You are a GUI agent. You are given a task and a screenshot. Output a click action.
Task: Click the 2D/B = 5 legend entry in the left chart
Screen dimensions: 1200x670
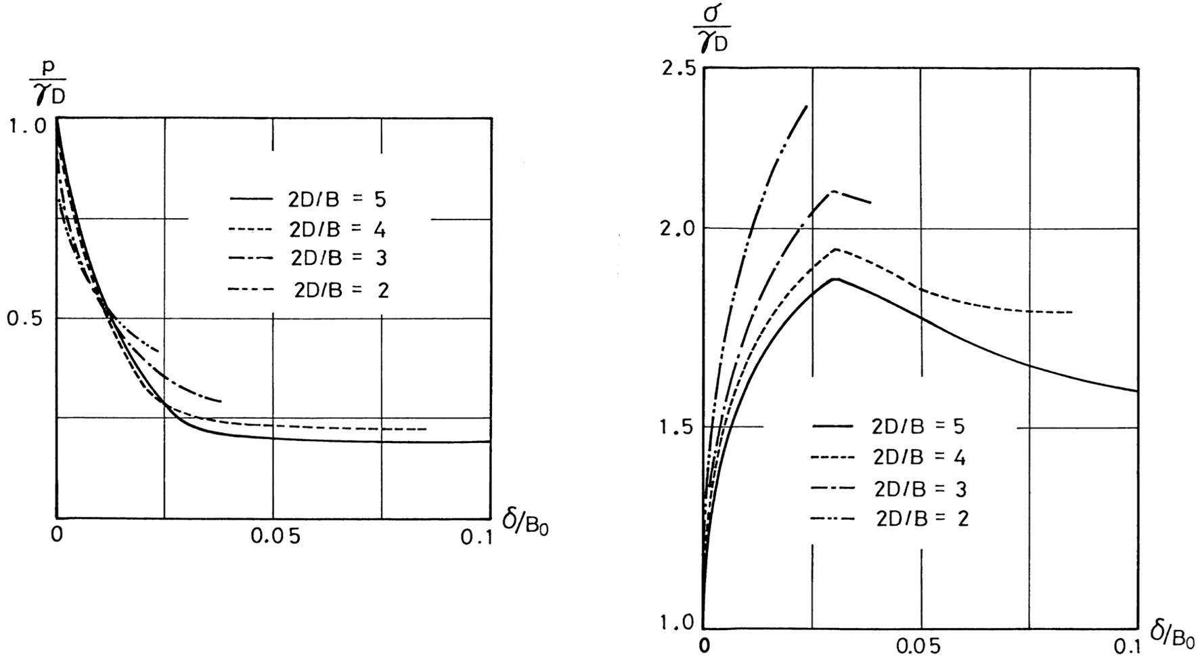click(x=308, y=199)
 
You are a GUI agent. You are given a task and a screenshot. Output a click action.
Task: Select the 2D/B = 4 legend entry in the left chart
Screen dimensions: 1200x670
click(x=308, y=230)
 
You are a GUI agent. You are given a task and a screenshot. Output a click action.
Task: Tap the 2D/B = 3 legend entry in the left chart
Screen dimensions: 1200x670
click(x=308, y=258)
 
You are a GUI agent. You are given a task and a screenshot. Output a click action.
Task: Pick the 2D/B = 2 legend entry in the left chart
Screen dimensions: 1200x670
click(x=309, y=290)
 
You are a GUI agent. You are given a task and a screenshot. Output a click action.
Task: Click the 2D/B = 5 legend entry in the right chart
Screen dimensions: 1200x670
click(x=889, y=426)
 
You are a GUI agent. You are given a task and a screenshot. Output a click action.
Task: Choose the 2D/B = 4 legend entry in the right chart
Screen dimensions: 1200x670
click(x=889, y=457)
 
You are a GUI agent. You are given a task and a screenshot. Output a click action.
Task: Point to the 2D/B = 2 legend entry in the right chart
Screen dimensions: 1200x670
click(x=890, y=519)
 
